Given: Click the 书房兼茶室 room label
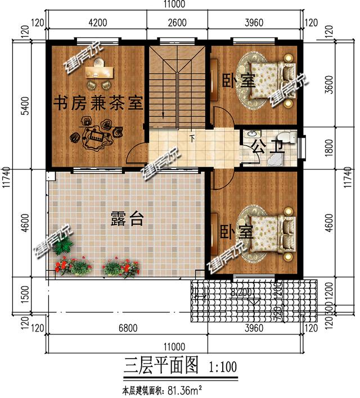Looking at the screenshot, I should click(x=98, y=103).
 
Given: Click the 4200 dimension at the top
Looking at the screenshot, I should click(x=97, y=23).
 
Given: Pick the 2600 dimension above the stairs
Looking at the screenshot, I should click(x=177, y=23).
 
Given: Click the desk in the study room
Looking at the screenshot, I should click(x=99, y=71).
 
